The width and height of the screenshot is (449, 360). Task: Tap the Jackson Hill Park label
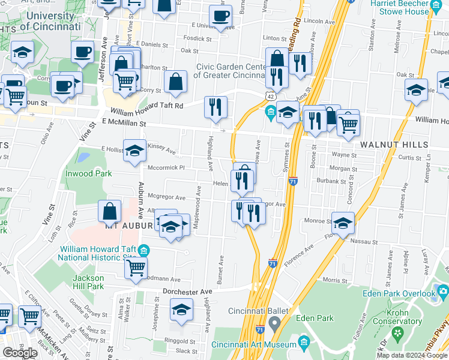[x=88, y=282]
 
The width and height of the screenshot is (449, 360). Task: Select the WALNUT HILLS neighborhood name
[x=394, y=145]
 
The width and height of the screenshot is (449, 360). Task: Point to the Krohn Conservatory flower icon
[x=397, y=332]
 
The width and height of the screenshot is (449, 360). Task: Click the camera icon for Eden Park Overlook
[x=443, y=292]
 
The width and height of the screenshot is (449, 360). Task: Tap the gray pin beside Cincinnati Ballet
[x=274, y=325]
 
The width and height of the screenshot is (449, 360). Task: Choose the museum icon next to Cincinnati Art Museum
[x=303, y=344]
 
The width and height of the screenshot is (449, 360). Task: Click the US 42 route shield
[x=271, y=96]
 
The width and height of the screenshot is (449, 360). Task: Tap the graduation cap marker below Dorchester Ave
[x=181, y=310]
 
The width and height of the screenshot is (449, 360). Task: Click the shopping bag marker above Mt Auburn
[x=110, y=211]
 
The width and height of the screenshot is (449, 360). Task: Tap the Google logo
[x=19, y=353]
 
